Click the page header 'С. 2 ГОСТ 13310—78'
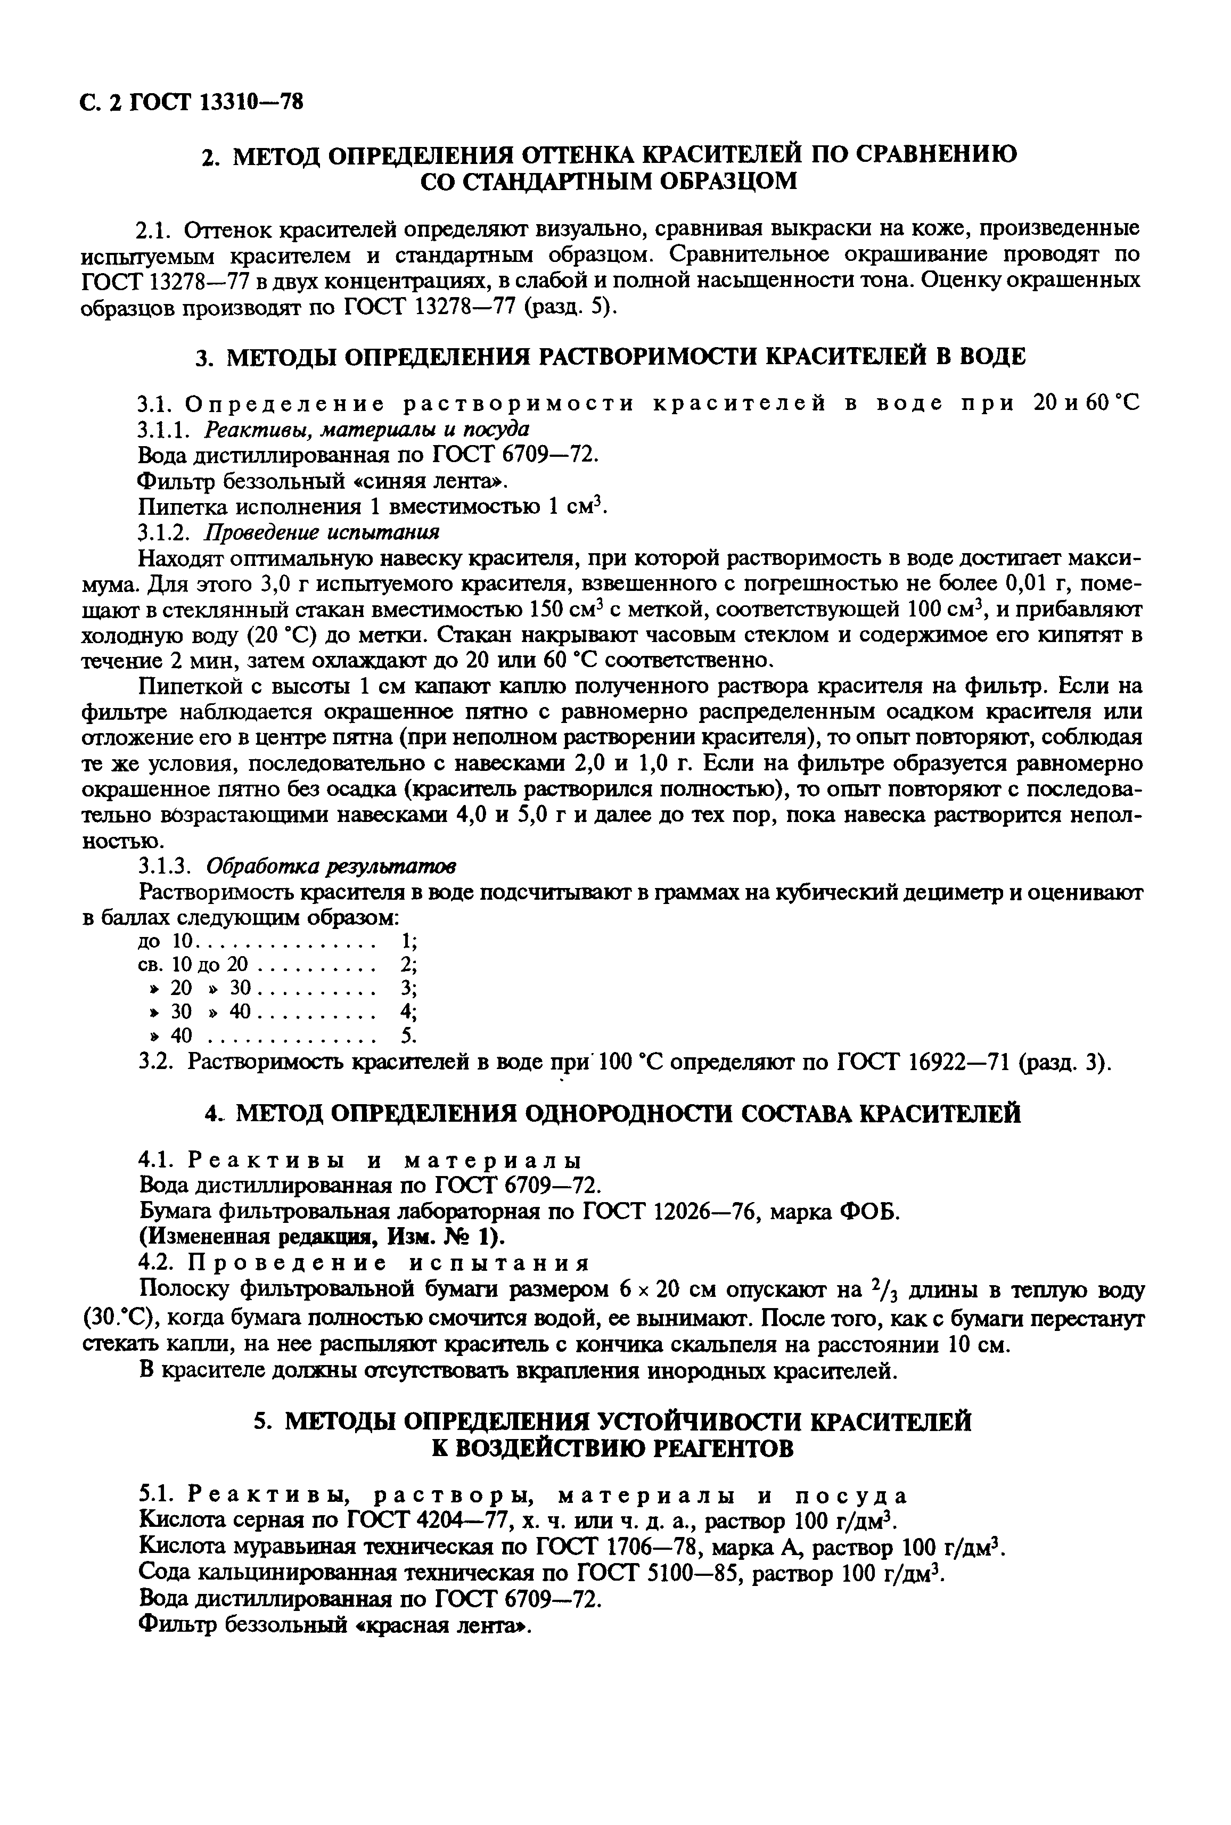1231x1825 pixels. point(192,103)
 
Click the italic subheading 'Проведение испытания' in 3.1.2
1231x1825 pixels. point(323,532)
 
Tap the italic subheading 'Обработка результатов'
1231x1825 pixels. point(331,867)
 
